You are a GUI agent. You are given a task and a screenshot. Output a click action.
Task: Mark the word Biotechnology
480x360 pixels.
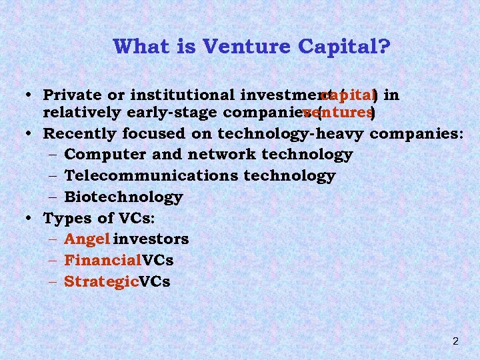(123, 197)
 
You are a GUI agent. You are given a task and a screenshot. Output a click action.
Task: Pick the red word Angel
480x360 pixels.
(87, 239)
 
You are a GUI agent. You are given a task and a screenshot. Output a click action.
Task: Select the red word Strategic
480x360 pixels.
(101, 281)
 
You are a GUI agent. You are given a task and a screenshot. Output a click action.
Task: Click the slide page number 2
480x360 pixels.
(455, 341)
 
